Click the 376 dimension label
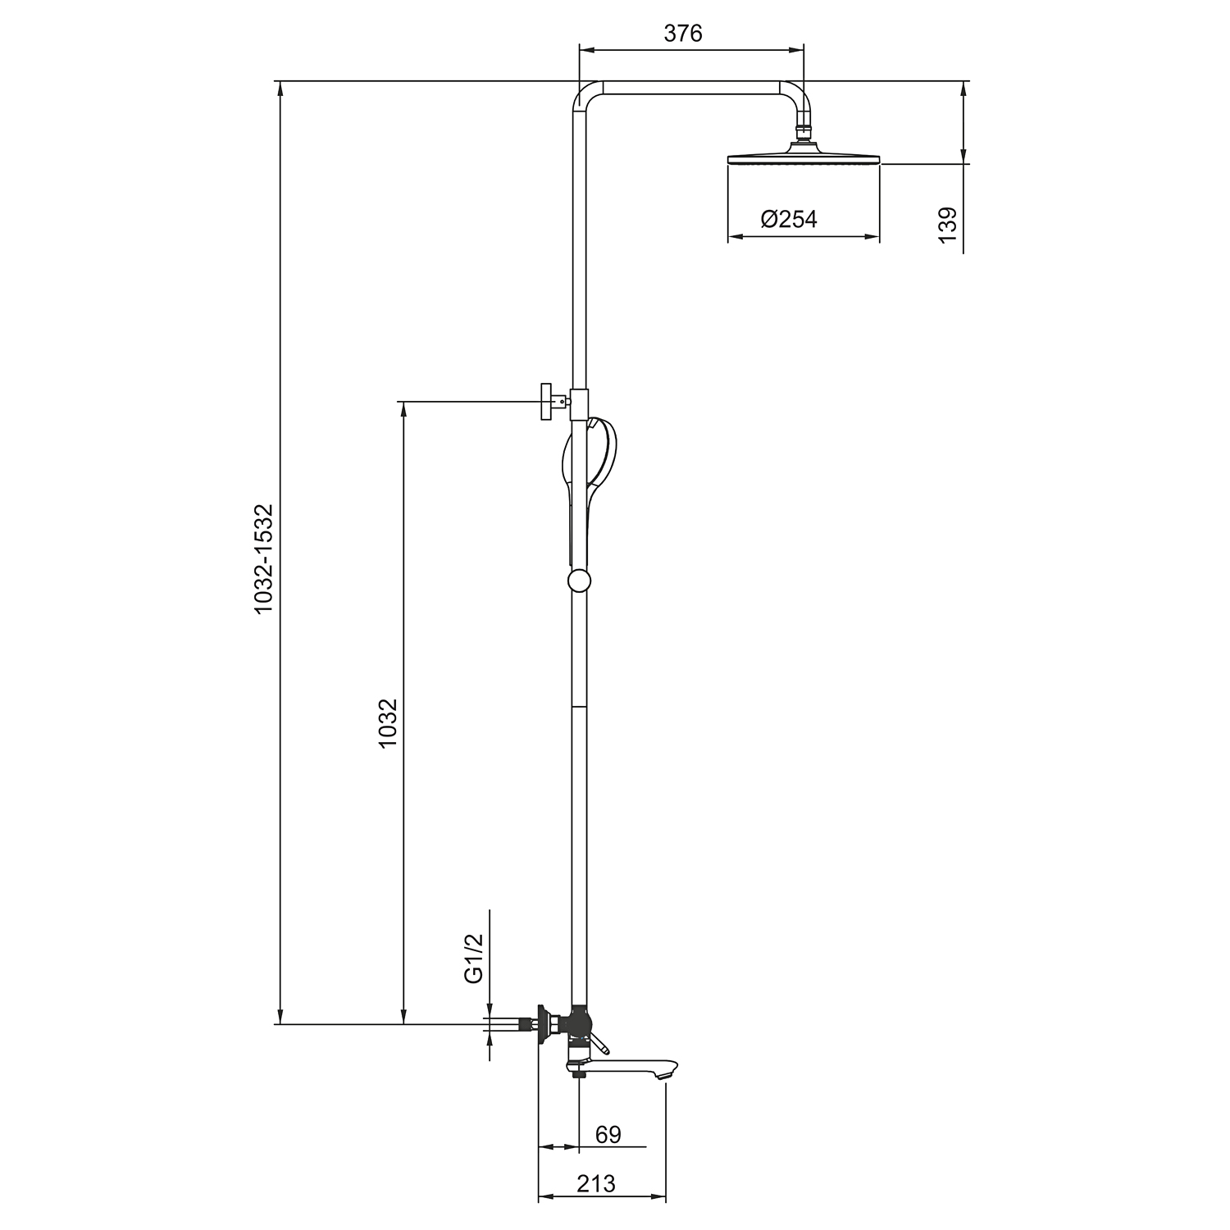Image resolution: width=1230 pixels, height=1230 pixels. pos(683,33)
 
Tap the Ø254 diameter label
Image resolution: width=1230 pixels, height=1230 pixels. pos(789,219)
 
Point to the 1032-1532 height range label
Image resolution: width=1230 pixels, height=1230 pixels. pos(262,559)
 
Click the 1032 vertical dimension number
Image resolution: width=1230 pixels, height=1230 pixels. pos(388,722)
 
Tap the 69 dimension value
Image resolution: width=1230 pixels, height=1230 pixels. pos(608,1135)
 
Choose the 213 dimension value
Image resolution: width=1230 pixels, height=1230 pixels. pos(595,1184)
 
